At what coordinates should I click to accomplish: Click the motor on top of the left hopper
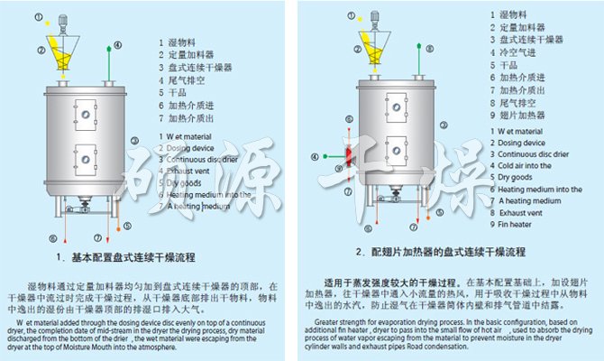pyautogui.click(x=64, y=22)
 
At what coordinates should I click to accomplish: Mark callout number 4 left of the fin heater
pyautogui.click(x=314, y=157)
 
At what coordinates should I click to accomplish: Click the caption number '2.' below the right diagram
pyautogui.click(x=359, y=252)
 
